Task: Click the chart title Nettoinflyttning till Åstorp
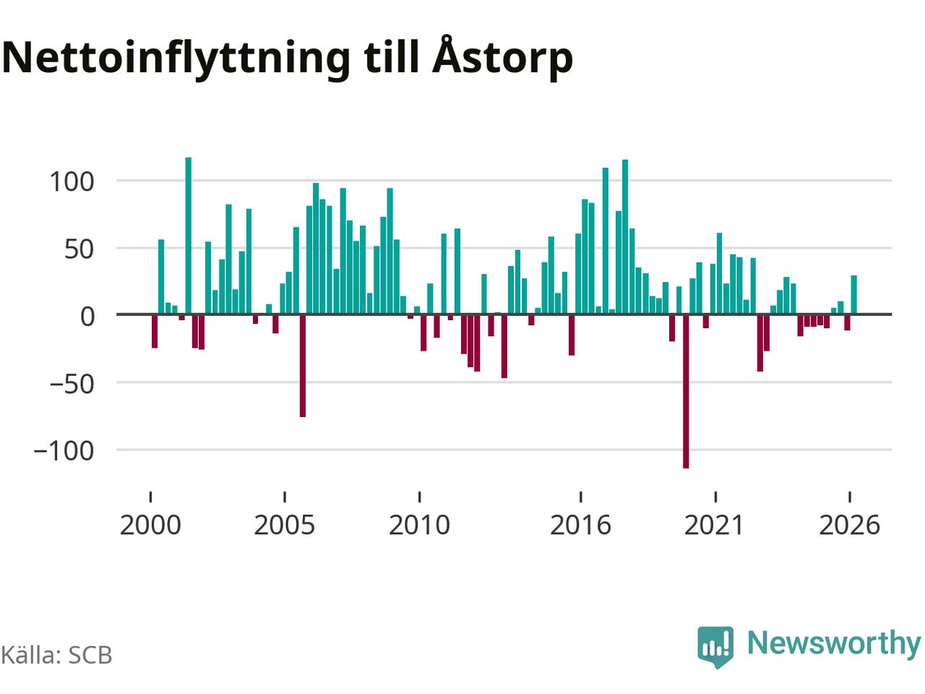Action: pyautogui.click(x=287, y=58)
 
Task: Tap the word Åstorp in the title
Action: pyautogui.click(x=502, y=58)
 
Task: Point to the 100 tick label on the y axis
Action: pyautogui.click(x=72, y=182)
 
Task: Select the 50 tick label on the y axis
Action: pyautogui.click(x=79, y=249)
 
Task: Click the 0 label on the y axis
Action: pyautogui.click(x=87, y=317)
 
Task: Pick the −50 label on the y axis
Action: pyautogui.click(x=72, y=384)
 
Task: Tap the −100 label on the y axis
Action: pyautogui.click(x=64, y=451)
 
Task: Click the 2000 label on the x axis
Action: pyautogui.click(x=150, y=526)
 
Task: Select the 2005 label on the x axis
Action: pyautogui.click(x=285, y=526)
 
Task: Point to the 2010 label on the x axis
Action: pyautogui.click(x=419, y=526)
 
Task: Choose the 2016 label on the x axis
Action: pyautogui.click(x=581, y=526)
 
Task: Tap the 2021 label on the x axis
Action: pyautogui.click(x=714, y=526)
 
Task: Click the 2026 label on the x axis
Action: pyautogui.click(x=850, y=526)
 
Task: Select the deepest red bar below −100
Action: pyautogui.click(x=686, y=391)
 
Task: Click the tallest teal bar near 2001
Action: pyautogui.click(x=189, y=236)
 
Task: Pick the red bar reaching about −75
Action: pyautogui.click(x=303, y=366)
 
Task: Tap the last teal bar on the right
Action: pyautogui.click(x=853, y=295)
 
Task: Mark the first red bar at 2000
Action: pyautogui.click(x=155, y=331)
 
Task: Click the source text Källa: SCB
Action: pyautogui.click(x=56, y=655)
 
